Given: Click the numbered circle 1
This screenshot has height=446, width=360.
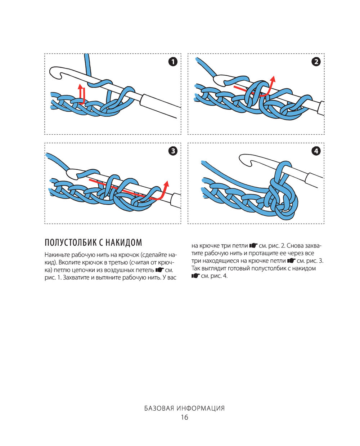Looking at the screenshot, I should click(x=173, y=62).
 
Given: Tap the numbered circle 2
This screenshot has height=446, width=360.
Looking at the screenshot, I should click(x=316, y=62).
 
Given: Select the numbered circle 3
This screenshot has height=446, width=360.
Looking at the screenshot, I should click(x=173, y=151).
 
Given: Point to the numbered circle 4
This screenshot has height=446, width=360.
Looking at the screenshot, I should click(x=316, y=151).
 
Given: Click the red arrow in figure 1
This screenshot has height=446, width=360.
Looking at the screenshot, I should click(x=82, y=94).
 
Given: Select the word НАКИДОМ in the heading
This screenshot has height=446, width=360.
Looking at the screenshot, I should click(x=124, y=242).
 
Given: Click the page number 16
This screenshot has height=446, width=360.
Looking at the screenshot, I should click(x=184, y=418).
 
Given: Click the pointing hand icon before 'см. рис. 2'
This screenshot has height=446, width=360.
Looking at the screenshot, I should click(x=253, y=246).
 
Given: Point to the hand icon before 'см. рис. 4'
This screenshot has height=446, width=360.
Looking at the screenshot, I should click(x=195, y=276).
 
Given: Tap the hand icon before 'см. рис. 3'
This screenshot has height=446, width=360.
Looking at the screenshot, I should click(x=291, y=261).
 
